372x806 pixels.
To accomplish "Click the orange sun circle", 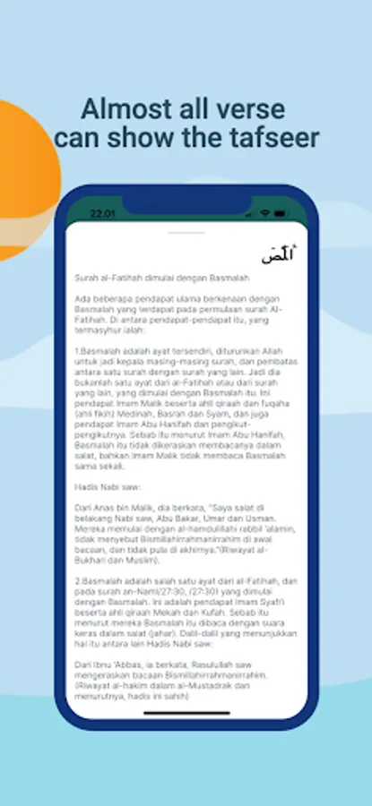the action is tap(22, 179).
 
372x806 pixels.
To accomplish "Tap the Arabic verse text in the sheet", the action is tap(278, 255).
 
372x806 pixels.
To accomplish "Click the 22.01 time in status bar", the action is tap(103, 214).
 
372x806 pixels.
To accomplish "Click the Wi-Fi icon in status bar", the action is tap(265, 214).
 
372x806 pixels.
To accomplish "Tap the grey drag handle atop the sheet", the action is tap(186, 231).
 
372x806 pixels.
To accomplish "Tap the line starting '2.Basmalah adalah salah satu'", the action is tap(185, 581).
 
